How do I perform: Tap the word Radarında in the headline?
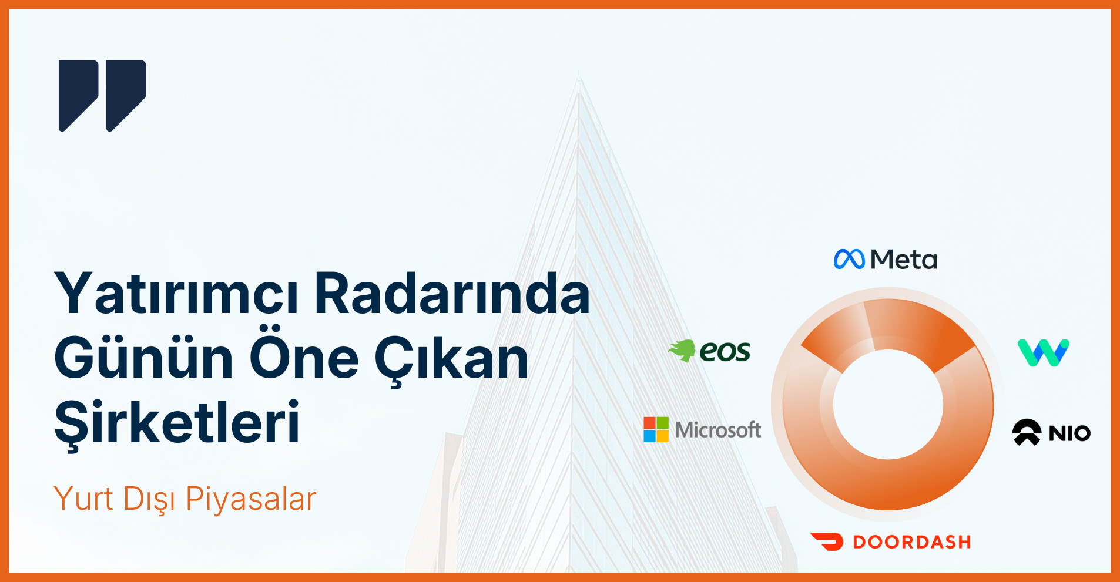pos(452,294)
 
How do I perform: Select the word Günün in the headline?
pos(144,358)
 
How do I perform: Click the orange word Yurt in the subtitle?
pos(83,499)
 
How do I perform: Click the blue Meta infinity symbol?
pos(849,259)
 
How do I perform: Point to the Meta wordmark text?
pos(904,260)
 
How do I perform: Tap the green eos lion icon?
pos(682,351)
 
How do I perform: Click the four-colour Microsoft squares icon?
pos(656,429)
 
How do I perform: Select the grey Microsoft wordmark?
pos(718,430)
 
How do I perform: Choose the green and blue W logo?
pos(1044,352)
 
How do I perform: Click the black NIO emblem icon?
pos(1027,432)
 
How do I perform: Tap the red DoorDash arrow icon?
pos(827,541)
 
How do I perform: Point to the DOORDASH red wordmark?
pos(912,542)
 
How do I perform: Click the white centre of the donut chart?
pos(888,405)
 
